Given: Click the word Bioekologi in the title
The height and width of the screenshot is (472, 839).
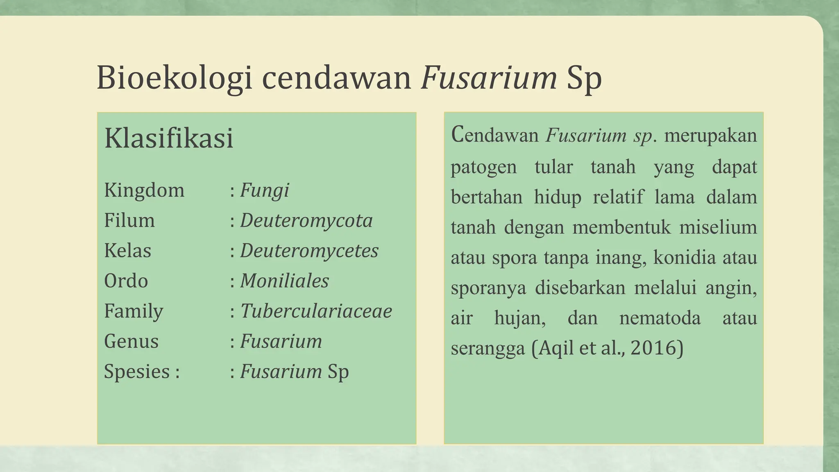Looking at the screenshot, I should click(174, 78).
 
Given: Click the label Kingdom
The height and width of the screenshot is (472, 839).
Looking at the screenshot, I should click(144, 191).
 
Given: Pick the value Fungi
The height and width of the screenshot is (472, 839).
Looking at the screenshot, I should click(265, 191).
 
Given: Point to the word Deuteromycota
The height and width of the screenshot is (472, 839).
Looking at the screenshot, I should click(306, 221).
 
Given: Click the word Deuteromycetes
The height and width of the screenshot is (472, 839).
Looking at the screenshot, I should click(309, 251).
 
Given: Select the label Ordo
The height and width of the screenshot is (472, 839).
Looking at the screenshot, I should click(126, 281).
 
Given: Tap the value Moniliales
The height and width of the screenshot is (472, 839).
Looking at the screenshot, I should click(284, 281).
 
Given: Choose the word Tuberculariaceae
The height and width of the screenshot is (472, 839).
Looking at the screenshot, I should click(316, 311).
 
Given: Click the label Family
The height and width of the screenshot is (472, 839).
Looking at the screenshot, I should click(134, 311).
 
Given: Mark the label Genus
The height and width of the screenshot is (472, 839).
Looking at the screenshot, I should click(131, 341).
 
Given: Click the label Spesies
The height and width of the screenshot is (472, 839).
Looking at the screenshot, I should click(137, 372).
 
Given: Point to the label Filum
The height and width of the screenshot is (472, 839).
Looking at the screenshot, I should click(129, 221).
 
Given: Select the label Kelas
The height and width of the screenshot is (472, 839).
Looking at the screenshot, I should click(127, 251).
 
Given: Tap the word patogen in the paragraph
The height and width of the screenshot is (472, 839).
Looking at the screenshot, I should click(483, 167).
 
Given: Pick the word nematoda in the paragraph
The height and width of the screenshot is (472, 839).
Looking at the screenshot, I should click(660, 318).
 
